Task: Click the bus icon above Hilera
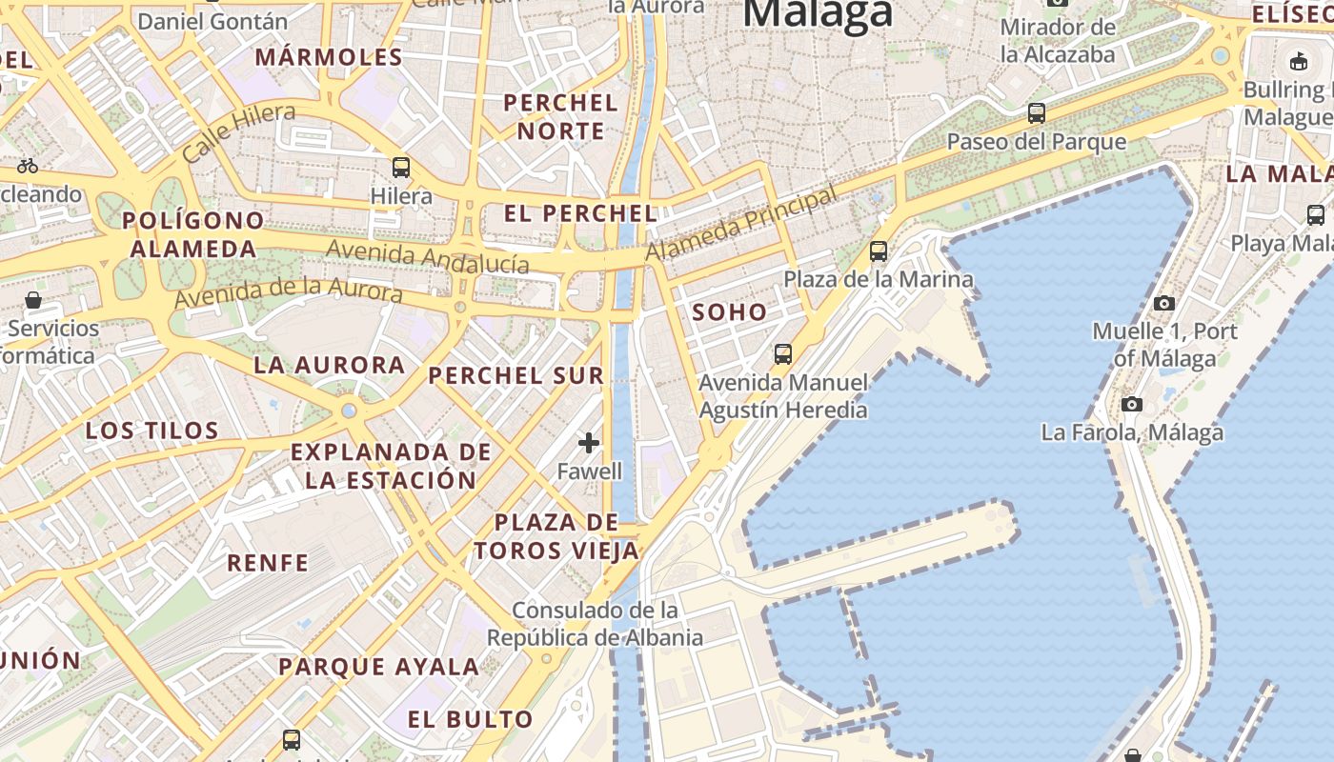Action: click(401, 168)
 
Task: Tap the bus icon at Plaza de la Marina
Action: click(879, 251)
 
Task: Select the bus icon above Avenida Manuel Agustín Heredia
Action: click(783, 354)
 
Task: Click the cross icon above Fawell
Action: click(589, 442)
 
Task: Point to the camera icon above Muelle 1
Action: click(1163, 304)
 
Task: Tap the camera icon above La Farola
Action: click(1132, 405)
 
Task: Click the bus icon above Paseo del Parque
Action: click(1037, 113)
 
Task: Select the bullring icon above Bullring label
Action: click(1298, 62)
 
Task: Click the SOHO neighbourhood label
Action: click(729, 312)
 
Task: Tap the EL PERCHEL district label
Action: click(580, 213)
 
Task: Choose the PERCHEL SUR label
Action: click(516, 375)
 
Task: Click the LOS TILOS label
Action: click(152, 431)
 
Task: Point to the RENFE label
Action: click(268, 562)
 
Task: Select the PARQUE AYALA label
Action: click(378, 667)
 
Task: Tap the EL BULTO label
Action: click(471, 719)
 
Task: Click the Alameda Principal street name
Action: click(741, 224)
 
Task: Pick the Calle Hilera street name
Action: click(238, 132)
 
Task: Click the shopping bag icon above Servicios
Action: click(33, 301)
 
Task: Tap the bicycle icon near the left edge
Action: click(28, 166)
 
